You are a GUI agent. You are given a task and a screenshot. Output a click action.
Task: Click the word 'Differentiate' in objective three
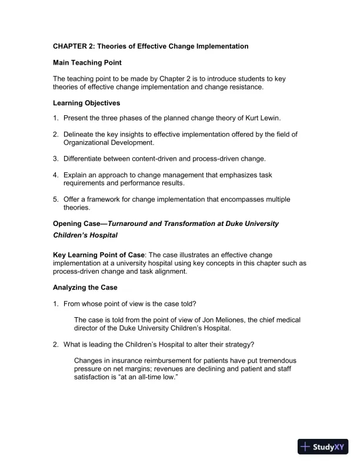coord(84,159)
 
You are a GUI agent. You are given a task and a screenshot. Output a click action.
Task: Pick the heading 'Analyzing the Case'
coord(85,288)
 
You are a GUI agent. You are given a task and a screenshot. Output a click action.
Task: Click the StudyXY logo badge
coord(324,447)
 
